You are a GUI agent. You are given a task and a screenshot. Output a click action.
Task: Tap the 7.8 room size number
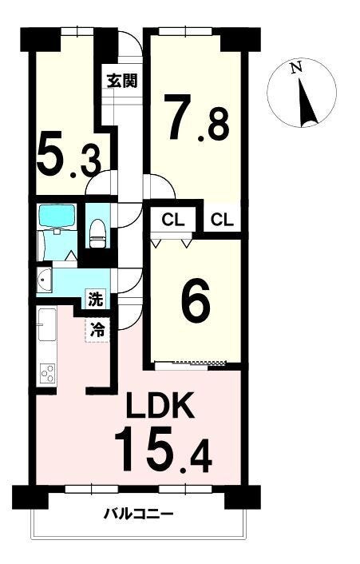196,117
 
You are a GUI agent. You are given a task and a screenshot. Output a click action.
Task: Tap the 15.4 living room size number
163,449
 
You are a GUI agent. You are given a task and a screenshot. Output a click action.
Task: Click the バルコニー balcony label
139,514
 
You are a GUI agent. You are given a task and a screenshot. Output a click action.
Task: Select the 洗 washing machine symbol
96,299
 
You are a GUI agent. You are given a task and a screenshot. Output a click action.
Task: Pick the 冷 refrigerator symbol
97,330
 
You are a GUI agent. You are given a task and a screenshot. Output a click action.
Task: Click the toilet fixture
97,234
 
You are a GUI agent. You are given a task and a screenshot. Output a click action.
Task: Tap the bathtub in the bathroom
57,216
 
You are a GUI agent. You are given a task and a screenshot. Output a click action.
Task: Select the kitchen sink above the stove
47,324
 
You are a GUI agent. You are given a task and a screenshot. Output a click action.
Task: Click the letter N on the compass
296,68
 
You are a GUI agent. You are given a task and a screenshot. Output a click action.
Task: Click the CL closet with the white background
222,220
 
